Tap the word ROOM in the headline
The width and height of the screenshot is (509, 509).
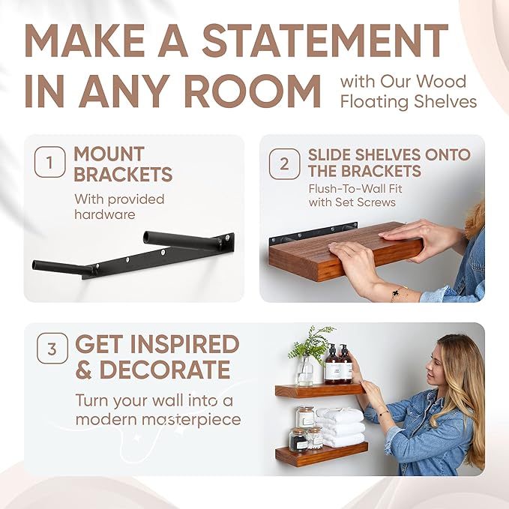click(255, 91)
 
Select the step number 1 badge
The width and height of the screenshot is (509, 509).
click(49, 164)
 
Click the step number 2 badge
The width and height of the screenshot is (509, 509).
click(284, 163)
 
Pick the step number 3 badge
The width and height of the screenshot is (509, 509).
click(51, 349)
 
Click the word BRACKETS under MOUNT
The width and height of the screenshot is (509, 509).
click(123, 175)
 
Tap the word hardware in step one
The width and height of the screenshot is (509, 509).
click(104, 214)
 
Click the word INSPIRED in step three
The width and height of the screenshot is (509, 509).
click(184, 345)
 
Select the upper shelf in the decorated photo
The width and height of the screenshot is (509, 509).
click(319, 390)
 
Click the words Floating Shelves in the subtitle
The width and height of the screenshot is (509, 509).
click(409, 101)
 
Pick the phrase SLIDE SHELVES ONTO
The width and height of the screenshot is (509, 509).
click(389, 154)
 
